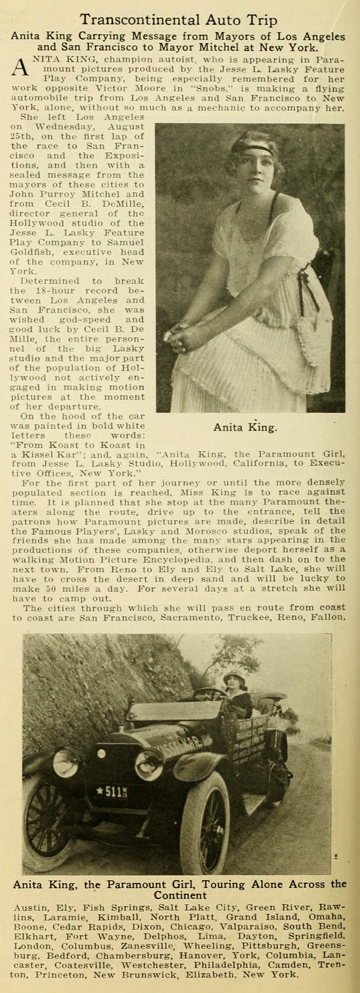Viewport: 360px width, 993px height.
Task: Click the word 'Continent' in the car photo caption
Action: (179, 896)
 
